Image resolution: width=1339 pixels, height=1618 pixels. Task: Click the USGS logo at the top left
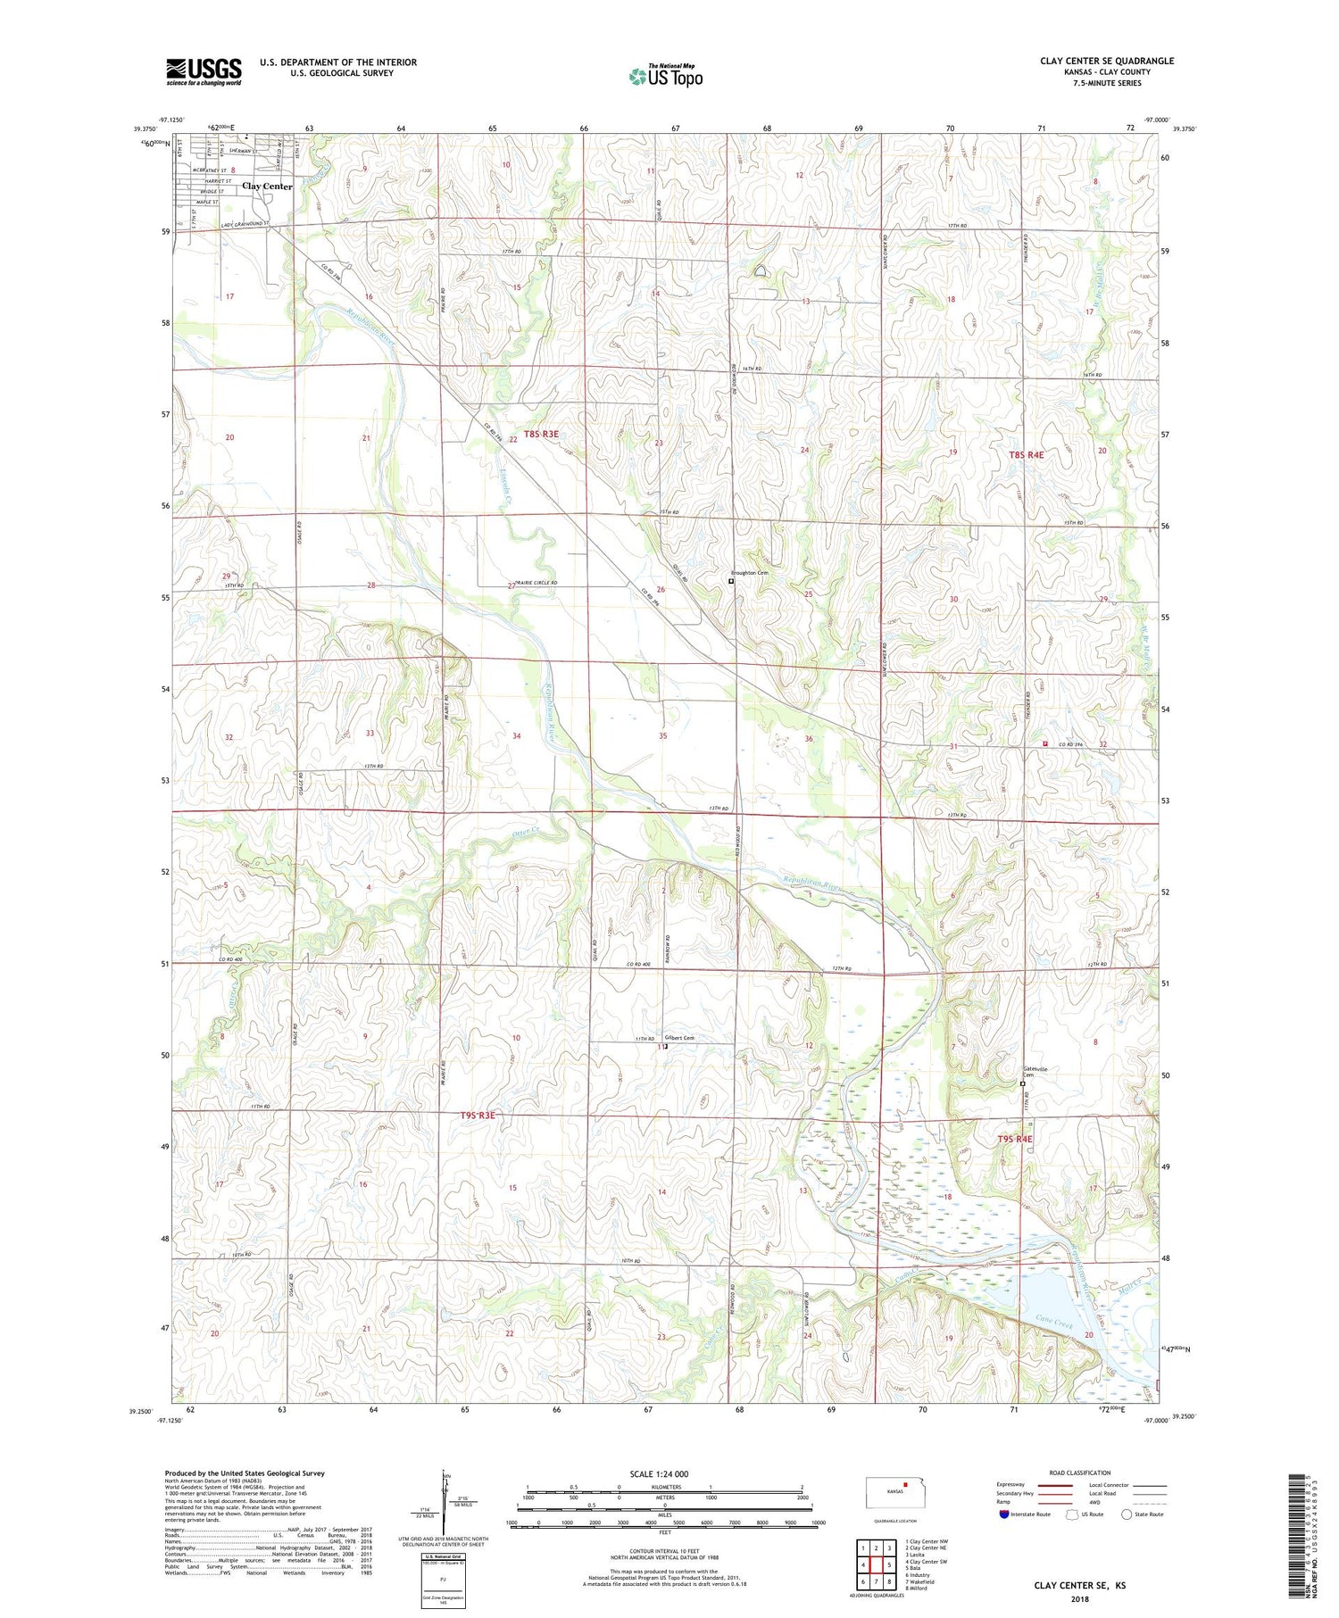coord(204,71)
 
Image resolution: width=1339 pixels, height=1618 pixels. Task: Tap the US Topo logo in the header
coord(666,77)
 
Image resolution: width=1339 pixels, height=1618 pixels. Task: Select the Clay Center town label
coord(267,187)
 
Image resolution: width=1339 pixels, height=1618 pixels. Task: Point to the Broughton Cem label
coord(749,573)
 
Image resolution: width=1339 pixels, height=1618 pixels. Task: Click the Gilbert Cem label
coord(679,1038)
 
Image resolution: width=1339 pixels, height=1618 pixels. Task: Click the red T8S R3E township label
coord(541,434)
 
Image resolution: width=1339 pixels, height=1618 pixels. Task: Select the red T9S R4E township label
coord(1014,1139)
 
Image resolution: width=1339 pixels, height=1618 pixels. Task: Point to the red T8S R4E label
coord(1026,454)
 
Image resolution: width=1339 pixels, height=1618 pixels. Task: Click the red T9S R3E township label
coord(478,1116)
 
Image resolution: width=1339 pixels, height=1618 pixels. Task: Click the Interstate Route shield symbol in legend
coord(1004,1514)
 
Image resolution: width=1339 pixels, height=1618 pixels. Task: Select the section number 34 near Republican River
coord(516,735)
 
